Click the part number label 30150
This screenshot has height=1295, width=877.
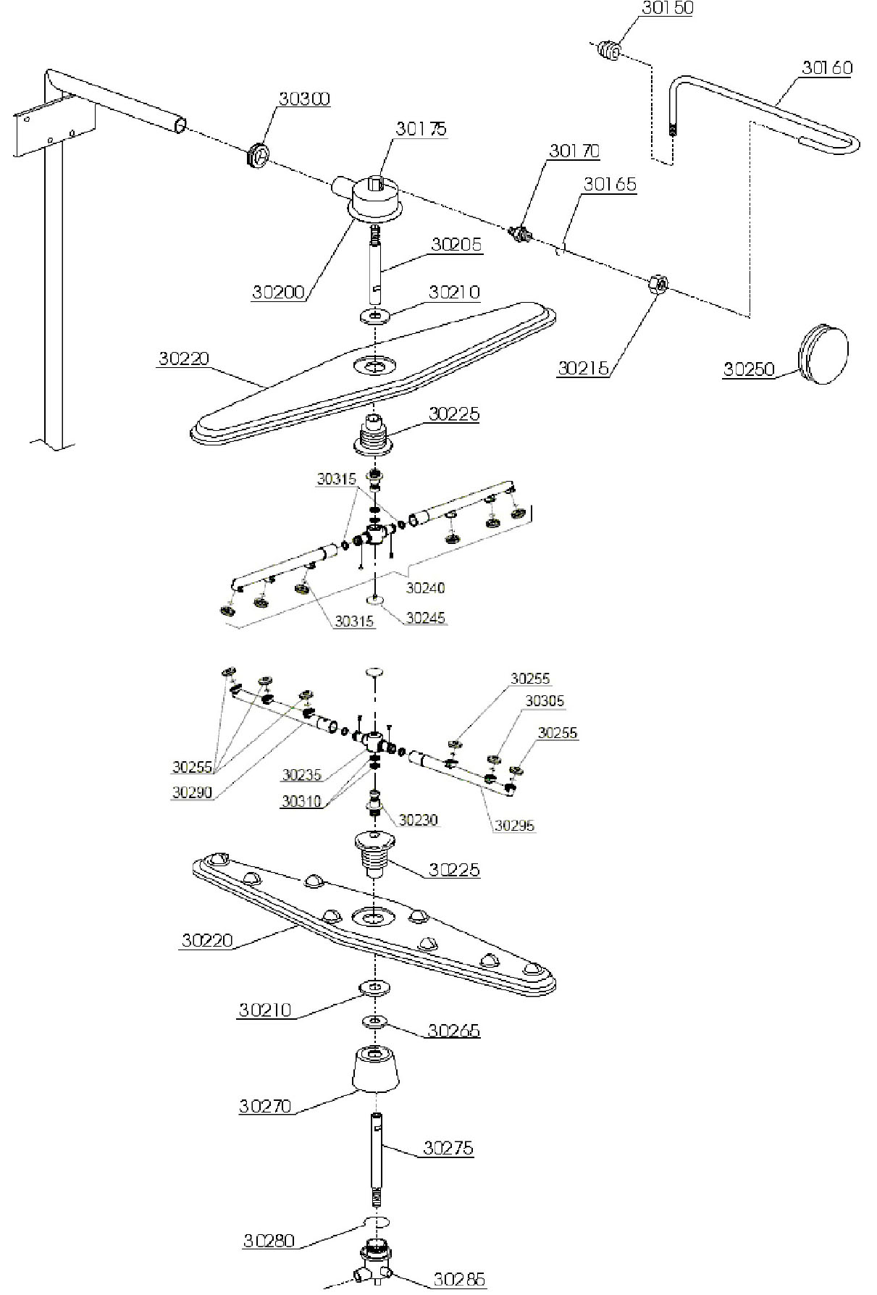pos(667,9)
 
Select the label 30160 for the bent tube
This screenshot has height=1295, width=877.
pos(827,68)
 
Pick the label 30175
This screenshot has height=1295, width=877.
pos(421,129)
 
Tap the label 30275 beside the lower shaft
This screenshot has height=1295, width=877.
pos(448,1147)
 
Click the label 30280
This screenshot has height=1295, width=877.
pos(269,1241)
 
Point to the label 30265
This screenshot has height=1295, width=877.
pos(453,1030)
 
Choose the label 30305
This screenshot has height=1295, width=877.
pos(545,701)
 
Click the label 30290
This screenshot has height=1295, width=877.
pos(192,792)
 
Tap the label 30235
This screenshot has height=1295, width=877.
pos(301,776)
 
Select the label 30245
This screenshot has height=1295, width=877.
pos(426,618)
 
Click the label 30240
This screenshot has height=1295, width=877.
pos(425,587)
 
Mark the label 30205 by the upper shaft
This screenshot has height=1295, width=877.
pos(456,244)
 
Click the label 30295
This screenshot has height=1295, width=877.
pos(515,826)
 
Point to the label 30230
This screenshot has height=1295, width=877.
pos(419,820)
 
